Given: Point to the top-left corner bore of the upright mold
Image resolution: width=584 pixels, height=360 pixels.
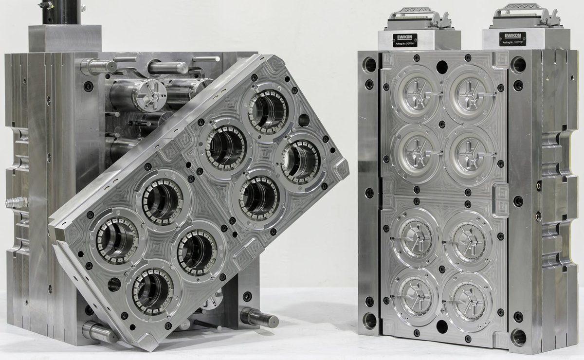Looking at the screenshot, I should click(x=370, y=64).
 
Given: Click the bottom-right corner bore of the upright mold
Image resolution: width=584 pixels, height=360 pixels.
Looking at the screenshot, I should click(x=518, y=336).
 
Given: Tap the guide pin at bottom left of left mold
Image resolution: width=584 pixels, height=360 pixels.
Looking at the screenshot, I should click(x=97, y=330).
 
